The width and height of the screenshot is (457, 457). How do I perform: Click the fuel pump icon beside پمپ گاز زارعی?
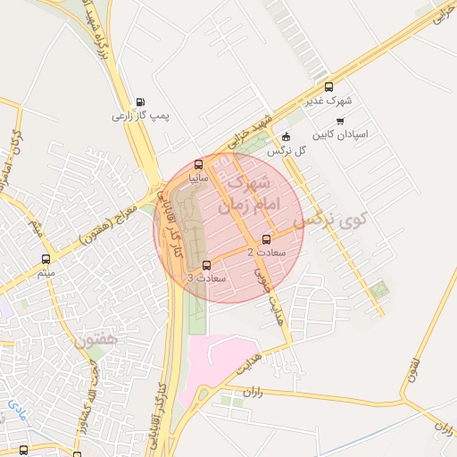click(139, 102)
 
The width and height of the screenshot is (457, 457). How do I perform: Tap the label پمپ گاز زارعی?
click(140, 116)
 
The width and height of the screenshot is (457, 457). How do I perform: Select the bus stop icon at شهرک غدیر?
click(329, 87)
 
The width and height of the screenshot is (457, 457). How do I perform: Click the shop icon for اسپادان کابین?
click(319, 120)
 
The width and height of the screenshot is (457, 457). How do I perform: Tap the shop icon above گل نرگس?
click(286, 137)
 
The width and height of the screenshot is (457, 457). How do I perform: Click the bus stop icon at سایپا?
click(198, 164)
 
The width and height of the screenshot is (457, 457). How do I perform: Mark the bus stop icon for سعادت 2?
click(267, 238)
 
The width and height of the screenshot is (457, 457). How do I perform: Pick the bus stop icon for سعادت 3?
click(207, 264)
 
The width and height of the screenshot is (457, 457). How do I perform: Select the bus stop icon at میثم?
click(46, 259)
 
